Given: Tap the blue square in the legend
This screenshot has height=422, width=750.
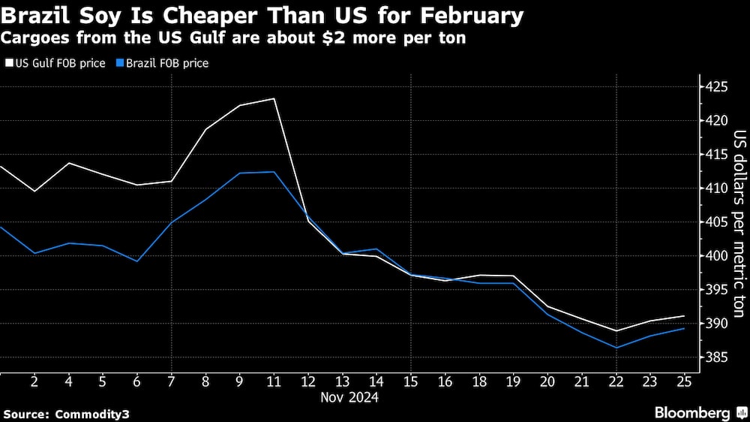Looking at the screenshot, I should click(120, 64).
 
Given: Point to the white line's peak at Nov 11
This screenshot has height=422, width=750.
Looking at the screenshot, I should click(274, 98).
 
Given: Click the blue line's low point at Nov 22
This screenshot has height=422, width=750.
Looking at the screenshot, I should click(616, 348).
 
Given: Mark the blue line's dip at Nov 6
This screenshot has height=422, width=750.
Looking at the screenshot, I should click(137, 261).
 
